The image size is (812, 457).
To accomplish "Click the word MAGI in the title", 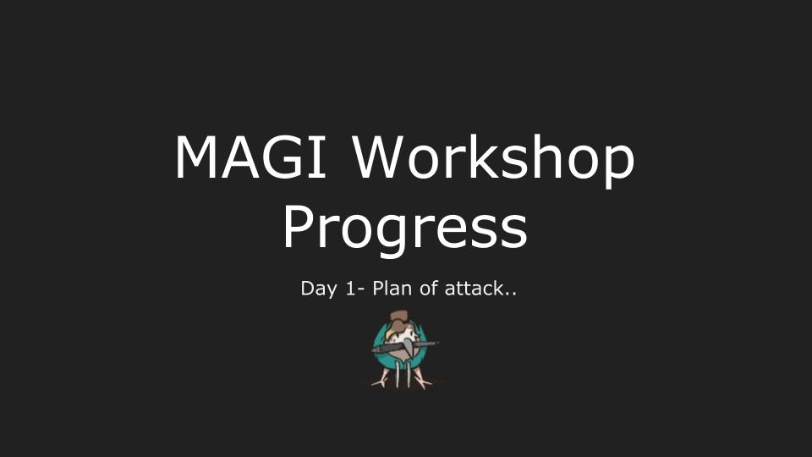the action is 250,157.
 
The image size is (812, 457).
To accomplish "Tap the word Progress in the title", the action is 405,228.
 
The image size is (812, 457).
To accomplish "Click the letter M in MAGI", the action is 196,157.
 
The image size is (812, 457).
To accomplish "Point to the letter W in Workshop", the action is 380,157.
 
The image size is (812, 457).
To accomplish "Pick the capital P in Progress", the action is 299,227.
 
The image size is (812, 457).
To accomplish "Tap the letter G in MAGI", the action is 283,157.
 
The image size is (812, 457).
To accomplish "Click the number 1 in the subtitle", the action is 350,288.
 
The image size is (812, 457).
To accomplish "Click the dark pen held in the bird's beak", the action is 404,347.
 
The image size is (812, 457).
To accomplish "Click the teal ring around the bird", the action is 379,343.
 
